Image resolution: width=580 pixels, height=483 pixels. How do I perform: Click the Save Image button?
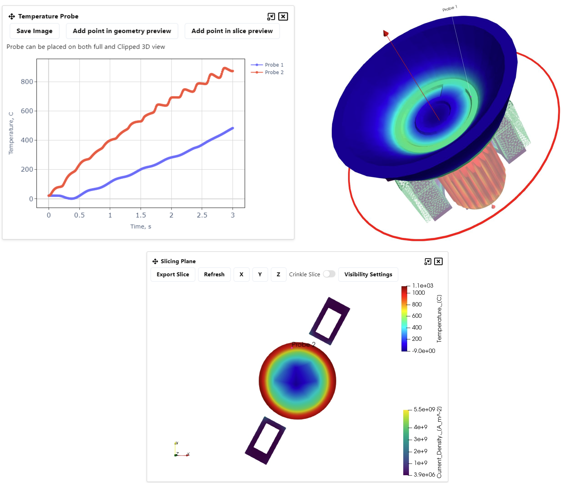[34, 31]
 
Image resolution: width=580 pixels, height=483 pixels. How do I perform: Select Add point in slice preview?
[232, 31]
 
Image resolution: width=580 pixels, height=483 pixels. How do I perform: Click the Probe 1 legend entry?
[274, 65]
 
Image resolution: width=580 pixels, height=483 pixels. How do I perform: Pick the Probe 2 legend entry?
[274, 72]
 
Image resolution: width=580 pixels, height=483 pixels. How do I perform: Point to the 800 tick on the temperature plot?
[27, 82]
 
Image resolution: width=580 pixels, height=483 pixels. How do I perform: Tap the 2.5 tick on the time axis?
[202, 215]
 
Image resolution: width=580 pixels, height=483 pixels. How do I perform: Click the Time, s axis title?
[141, 226]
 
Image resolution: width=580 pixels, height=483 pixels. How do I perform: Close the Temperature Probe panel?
[283, 16]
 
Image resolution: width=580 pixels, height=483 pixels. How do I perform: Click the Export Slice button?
[173, 274]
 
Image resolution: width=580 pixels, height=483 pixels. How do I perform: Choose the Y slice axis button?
[260, 274]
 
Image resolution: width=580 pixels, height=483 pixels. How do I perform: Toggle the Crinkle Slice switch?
[329, 274]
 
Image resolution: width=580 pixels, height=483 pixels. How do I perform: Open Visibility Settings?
[368, 274]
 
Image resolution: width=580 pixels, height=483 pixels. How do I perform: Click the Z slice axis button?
[278, 274]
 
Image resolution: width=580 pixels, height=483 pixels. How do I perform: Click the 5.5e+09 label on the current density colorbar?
[424, 409]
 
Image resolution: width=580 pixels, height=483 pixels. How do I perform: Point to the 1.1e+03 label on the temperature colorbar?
[422, 285]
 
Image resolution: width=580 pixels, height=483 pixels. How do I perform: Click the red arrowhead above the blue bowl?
[385, 33]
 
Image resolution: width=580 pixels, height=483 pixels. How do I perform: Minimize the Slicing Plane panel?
[428, 261]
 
